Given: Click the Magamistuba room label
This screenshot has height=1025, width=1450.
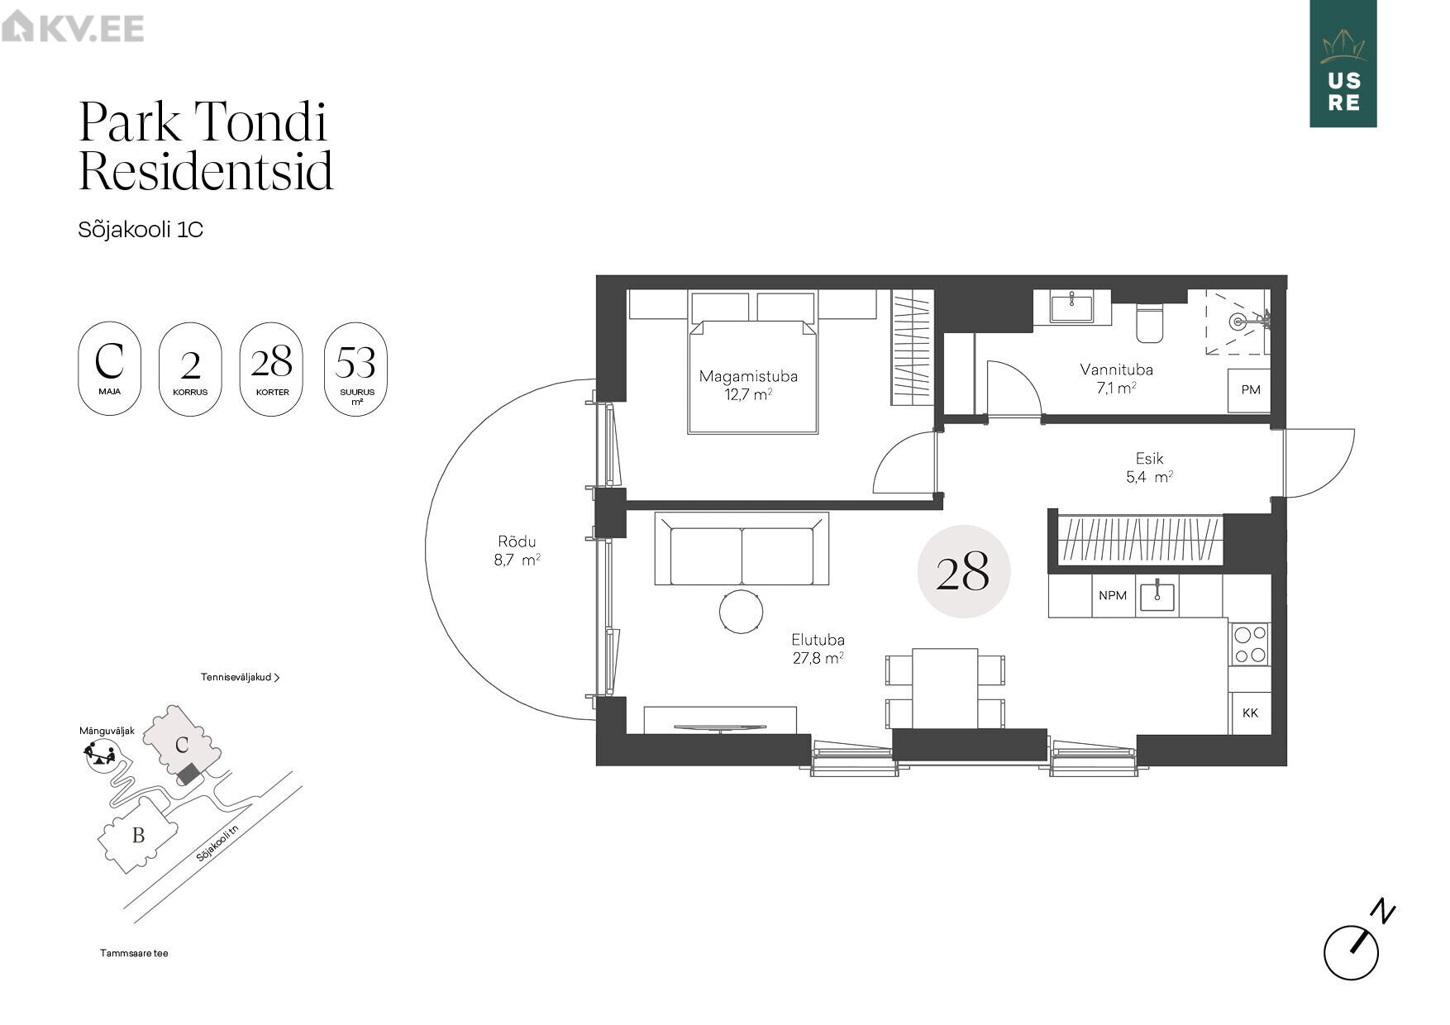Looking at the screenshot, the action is (748, 376).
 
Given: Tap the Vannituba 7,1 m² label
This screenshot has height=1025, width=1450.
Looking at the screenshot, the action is (1116, 379).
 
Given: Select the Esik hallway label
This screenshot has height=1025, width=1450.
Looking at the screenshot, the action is (1149, 458).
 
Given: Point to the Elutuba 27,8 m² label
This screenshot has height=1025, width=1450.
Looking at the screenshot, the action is (818, 649).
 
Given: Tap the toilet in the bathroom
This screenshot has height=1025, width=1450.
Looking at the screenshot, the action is (1149, 322).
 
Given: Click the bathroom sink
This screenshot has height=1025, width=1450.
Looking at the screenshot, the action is (1071, 307).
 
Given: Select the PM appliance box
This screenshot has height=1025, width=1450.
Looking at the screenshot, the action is (1249, 390).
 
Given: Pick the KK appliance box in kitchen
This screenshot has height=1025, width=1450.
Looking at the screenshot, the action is (1249, 713).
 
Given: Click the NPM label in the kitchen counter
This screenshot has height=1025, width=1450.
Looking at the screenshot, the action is (1113, 595).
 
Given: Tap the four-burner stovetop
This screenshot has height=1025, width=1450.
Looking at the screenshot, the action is (1249, 644).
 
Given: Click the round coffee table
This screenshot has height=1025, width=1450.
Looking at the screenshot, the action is (741, 612).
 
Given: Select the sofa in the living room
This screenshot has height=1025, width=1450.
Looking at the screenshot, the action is (742, 549).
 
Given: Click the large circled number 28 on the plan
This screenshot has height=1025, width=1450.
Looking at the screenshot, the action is (964, 571).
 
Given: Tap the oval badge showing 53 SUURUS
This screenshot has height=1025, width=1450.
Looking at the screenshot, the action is (356, 369).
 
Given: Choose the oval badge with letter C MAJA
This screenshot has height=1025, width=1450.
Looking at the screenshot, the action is (110, 369).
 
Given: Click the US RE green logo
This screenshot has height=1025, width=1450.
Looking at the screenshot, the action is (1343, 64).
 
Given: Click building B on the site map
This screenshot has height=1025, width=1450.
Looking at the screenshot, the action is (138, 835).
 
